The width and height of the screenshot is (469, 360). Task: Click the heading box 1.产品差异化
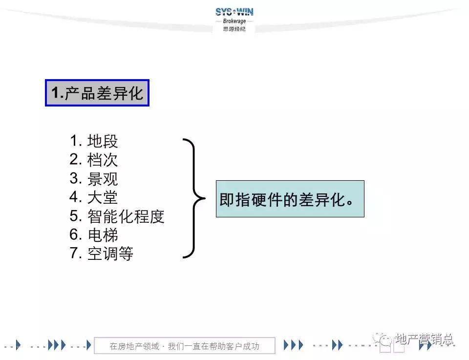(97, 93)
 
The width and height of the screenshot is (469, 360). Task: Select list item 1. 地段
(94, 141)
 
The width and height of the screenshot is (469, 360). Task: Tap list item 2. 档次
(94, 160)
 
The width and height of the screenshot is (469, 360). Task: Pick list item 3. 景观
(94, 178)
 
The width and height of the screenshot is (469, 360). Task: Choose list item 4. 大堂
(94, 197)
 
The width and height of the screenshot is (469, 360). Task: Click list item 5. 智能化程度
(117, 216)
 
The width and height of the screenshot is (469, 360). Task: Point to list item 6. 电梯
(94, 235)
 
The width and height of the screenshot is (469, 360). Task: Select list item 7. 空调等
(101, 254)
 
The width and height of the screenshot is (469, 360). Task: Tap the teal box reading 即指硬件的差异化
(290, 199)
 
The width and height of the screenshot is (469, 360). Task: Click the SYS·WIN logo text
(234, 12)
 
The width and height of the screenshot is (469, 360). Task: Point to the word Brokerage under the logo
(234, 21)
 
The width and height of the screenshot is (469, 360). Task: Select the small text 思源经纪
(234, 29)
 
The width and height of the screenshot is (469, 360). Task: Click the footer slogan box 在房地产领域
(184, 346)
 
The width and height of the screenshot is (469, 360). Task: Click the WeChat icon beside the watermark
(383, 338)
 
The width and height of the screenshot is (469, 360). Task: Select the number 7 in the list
(74, 254)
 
